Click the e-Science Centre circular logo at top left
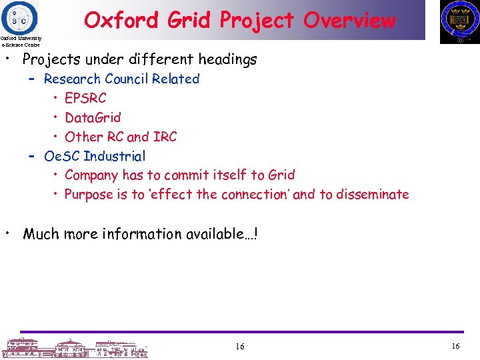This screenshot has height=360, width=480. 20,17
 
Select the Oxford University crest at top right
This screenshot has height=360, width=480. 459,21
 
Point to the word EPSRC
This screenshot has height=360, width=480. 85,98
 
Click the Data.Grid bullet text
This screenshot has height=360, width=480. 93,117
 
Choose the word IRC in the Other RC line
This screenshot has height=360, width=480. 165,137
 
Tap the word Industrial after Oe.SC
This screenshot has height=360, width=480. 114,156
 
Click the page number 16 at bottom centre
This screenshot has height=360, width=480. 240,347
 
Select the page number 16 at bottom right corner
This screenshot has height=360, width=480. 456,347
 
